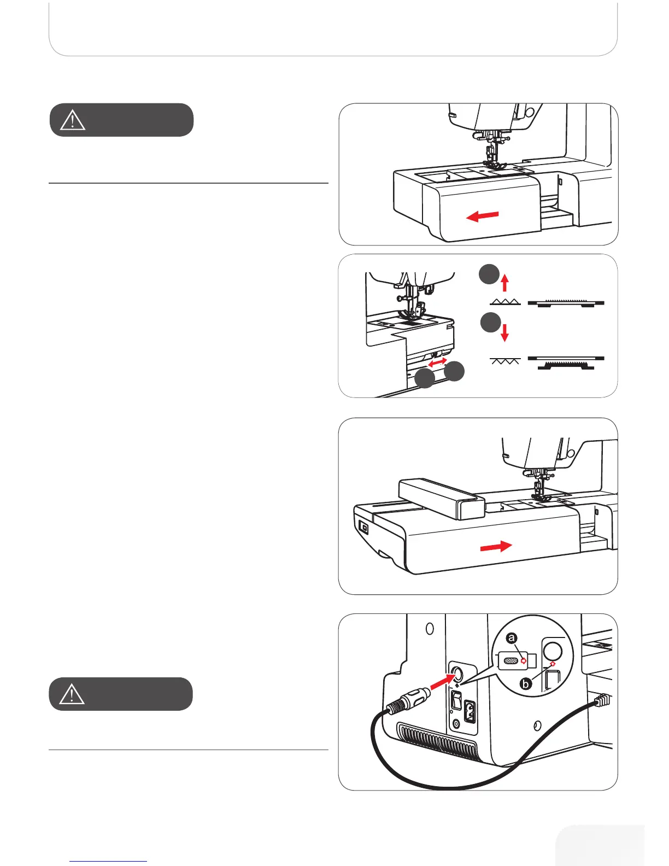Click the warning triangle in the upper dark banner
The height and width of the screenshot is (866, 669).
(73, 120)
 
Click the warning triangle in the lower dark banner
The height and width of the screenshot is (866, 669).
(72, 694)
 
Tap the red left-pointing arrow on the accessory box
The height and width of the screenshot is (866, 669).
(482, 216)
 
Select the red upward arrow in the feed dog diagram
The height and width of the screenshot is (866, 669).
(505, 283)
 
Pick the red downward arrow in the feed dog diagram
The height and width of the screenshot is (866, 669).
(505, 333)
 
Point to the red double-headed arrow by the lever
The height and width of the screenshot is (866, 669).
(437, 362)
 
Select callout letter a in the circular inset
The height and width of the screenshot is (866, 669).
(512, 638)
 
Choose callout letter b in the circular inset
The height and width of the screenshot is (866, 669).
(526, 684)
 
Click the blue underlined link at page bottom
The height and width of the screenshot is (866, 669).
(108, 861)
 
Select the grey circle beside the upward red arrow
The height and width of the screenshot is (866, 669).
(489, 274)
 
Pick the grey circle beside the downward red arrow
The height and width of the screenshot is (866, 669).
(490, 323)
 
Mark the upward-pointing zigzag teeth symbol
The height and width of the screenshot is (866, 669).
(505, 302)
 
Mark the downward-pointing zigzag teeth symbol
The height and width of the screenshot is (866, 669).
(505, 360)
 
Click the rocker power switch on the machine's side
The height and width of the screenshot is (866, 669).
(456, 700)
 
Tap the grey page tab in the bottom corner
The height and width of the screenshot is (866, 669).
(600, 846)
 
